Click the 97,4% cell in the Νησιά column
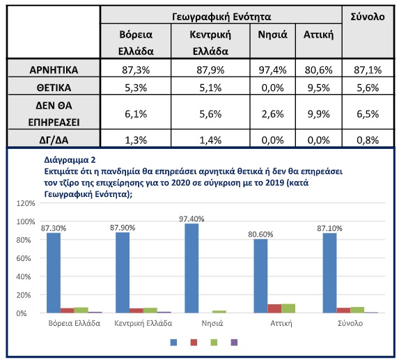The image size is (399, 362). click(272, 70)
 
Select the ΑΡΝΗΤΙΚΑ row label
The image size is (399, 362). click(54, 70)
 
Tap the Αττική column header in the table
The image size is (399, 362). click(318, 35)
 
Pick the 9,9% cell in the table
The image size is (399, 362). click(318, 114)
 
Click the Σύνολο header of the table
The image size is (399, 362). click(368, 17)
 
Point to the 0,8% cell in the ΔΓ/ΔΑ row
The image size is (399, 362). click(368, 140)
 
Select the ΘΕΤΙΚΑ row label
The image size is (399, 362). click(54, 88)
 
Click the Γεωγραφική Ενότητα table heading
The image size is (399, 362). click(221, 17)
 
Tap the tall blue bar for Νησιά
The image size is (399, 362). click(191, 268)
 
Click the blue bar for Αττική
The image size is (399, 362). click(260, 276)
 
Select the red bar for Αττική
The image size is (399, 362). click(274, 308)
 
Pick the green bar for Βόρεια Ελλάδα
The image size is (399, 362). click(81, 310)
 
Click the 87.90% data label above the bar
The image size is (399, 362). click(123, 228)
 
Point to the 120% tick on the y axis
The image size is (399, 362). click(26, 203)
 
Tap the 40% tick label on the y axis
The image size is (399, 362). click(24, 276)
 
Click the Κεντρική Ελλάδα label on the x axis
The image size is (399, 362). click(143, 323)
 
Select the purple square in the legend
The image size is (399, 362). click(234, 343)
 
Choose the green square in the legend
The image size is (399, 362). click(214, 343)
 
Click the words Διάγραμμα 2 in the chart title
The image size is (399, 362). click(70, 160)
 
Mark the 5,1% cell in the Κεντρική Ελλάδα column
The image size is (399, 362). click(210, 88)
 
